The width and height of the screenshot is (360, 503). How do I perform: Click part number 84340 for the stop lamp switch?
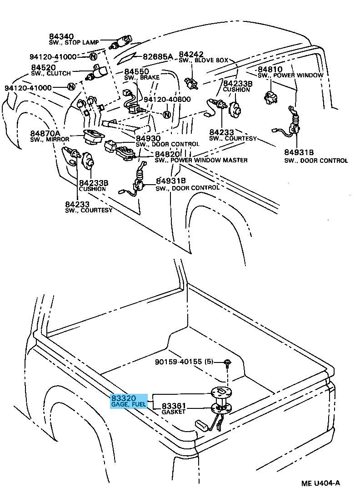(61, 36)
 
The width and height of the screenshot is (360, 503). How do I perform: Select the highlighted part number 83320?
(123, 398)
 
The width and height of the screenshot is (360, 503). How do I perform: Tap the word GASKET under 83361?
(174, 412)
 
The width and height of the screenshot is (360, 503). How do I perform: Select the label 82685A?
(157, 57)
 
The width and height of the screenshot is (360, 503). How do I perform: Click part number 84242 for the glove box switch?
(191, 54)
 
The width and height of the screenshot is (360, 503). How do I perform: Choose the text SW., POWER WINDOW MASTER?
(201, 160)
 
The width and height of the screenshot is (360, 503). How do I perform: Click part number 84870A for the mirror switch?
(45, 133)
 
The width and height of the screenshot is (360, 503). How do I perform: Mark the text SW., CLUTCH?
(51, 73)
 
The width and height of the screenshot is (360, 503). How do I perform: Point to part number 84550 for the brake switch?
(137, 72)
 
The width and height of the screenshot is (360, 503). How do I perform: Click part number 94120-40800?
(167, 99)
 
